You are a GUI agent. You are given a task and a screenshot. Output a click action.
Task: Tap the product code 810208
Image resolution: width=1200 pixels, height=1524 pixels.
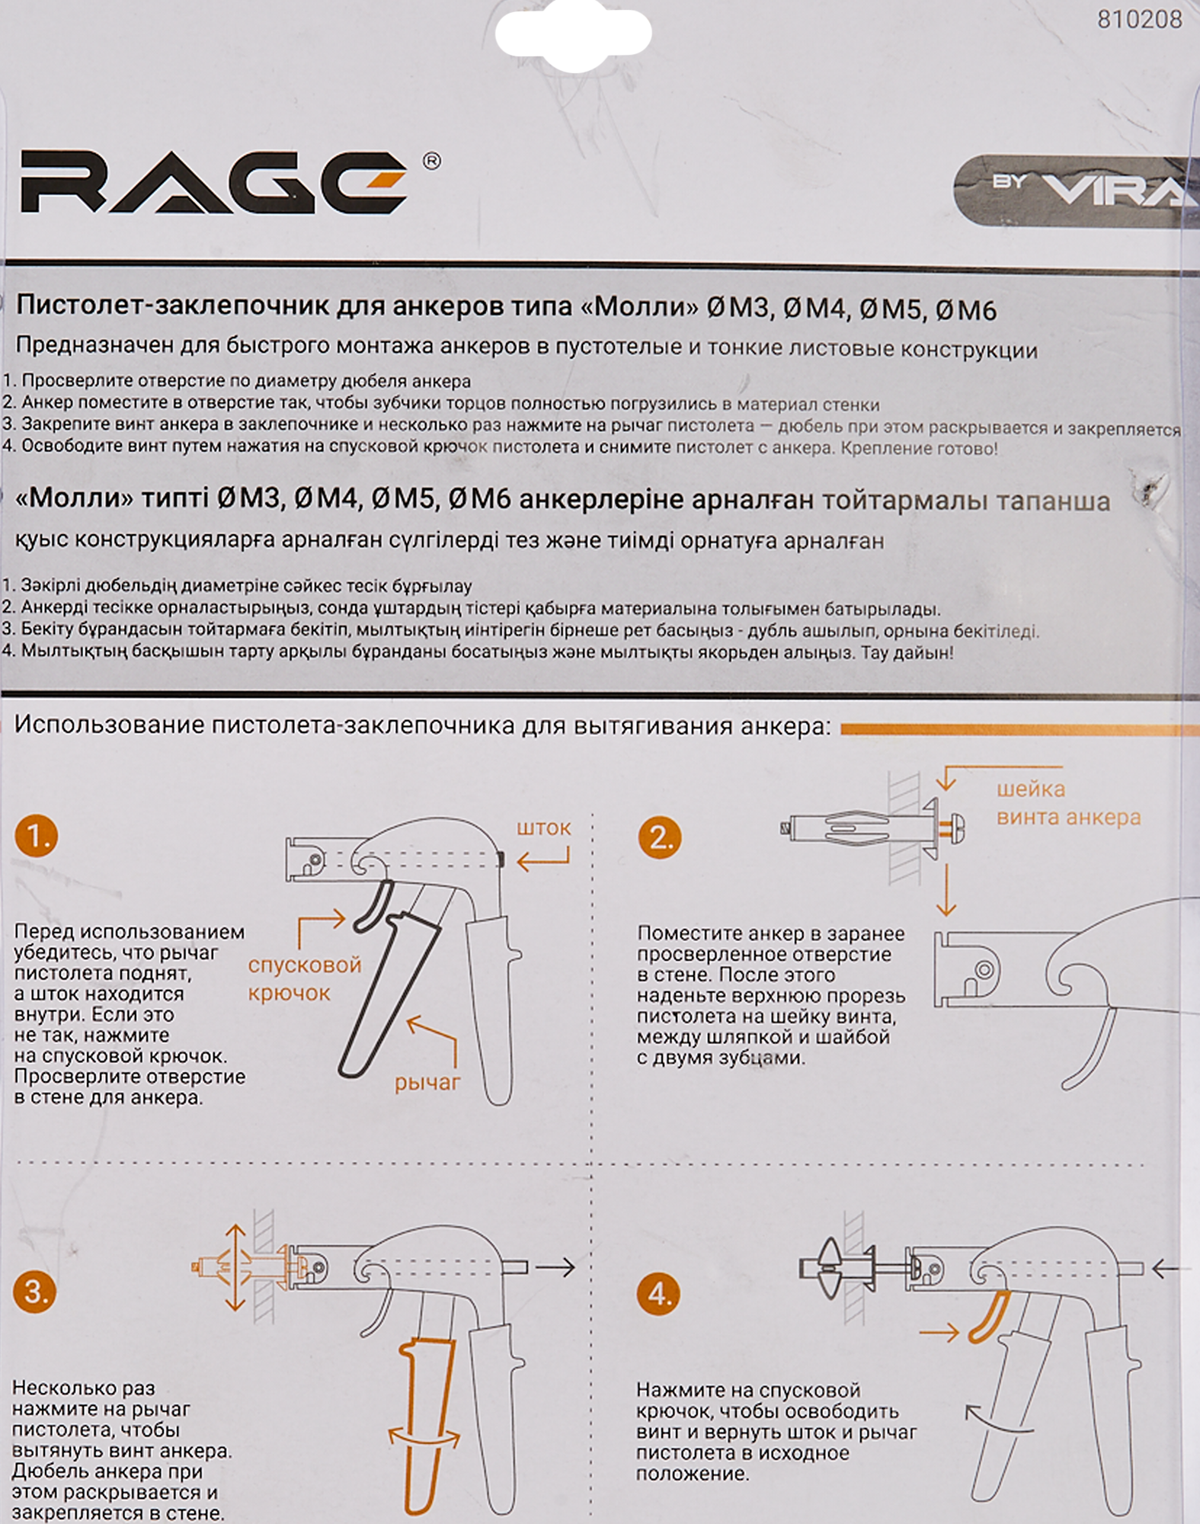coord(1140,19)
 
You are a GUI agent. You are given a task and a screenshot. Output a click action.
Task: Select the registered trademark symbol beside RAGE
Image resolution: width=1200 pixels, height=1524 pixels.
coord(431,161)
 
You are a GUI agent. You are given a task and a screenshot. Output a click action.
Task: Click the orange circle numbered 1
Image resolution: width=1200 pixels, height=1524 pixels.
coord(37,836)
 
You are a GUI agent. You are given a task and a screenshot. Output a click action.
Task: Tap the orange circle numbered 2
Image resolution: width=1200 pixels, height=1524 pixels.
coord(660,837)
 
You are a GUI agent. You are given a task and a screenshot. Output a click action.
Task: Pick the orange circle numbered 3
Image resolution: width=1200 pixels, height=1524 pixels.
coord(35,1291)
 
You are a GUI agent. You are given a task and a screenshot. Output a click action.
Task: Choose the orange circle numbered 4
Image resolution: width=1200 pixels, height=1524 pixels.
coord(659,1293)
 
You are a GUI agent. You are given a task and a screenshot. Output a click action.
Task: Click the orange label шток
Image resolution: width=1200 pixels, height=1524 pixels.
coord(543,828)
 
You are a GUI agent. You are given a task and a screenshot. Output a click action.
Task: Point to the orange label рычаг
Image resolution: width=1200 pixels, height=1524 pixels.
coord(427,1083)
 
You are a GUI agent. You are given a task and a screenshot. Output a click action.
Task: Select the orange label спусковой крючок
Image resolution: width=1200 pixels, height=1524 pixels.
coord(304,978)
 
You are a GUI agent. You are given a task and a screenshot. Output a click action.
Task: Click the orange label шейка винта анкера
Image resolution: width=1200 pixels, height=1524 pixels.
coord(1068,802)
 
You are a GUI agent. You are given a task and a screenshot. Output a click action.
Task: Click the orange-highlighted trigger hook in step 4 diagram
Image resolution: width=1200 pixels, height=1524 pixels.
coord(990,1317)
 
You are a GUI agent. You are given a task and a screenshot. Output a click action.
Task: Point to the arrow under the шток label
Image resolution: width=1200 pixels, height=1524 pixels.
coord(542,860)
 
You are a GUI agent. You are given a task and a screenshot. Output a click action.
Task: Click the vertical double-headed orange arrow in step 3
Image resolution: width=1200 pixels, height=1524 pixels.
coord(235,1268)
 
